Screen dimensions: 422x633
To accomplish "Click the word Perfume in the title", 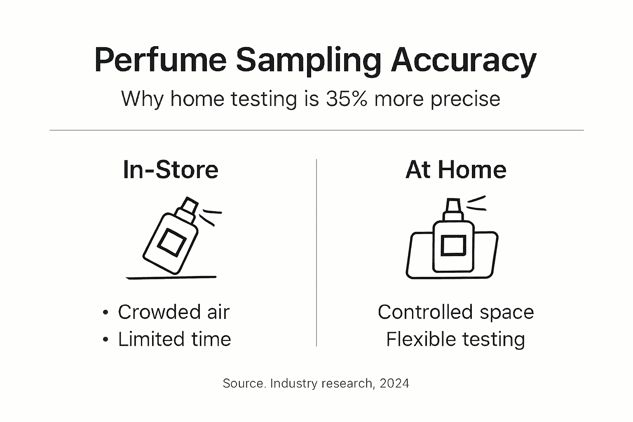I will pyautogui.click(x=160, y=60).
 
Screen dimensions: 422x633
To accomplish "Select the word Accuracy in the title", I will pyautogui.click(x=463, y=60).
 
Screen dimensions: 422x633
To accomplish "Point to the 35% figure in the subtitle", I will pyautogui.click(x=346, y=99).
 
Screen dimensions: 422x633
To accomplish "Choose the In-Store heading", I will pyautogui.click(x=171, y=169).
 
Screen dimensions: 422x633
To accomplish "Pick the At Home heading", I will pyautogui.click(x=456, y=169).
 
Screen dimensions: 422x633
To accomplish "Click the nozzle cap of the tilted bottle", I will pyautogui.click(x=189, y=206).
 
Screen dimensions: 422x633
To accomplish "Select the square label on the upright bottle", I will pyautogui.click(x=453, y=246).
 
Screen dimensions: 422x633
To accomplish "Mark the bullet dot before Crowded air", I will pyautogui.click(x=105, y=313).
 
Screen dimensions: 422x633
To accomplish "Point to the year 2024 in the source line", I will pyautogui.click(x=394, y=383).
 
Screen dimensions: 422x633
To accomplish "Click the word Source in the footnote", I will pyautogui.click(x=244, y=383).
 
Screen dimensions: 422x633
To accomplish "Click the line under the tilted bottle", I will pyautogui.click(x=171, y=278).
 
